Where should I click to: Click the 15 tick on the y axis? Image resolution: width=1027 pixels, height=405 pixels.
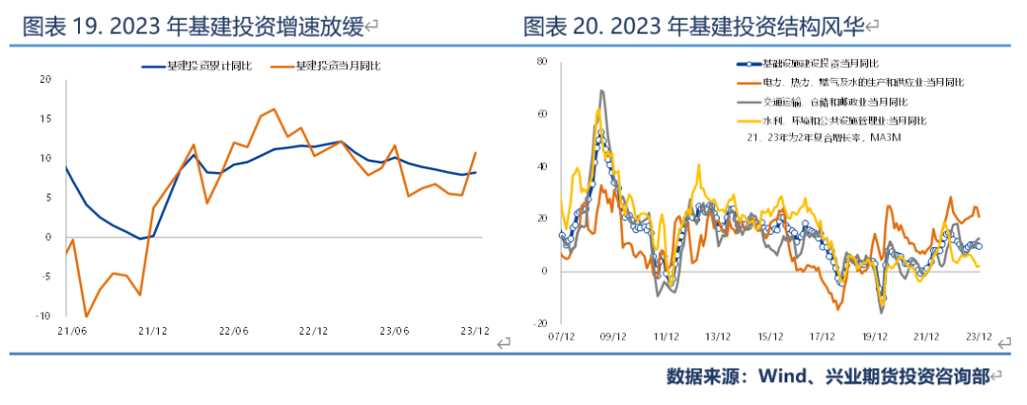pyautogui.click(x=43, y=119)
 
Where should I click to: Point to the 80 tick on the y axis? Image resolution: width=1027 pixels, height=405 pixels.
pyautogui.click(x=543, y=61)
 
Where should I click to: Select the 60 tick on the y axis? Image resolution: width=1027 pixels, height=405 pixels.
pyautogui.click(x=543, y=113)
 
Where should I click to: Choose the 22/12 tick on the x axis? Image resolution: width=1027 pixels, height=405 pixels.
pyautogui.click(x=313, y=332)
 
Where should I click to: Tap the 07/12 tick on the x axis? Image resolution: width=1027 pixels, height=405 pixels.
pyautogui.click(x=562, y=337)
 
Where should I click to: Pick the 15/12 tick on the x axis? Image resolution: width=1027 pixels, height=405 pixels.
pyautogui.click(x=770, y=337)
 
